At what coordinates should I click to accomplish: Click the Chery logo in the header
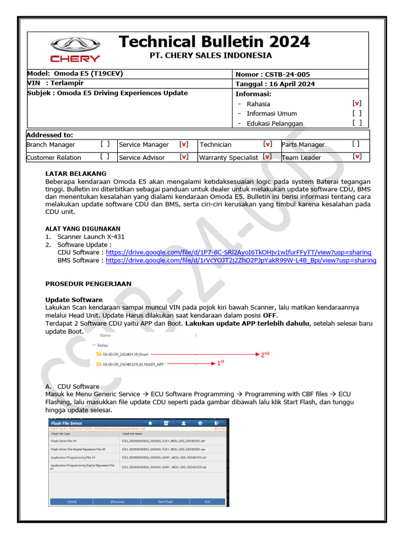[74, 51]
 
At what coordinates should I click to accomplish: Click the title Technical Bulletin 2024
[215, 42]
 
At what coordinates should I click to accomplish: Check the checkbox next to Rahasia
[357, 104]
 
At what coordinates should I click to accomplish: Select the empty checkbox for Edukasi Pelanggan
[357, 123]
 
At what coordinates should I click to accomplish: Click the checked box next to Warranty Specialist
[267, 157]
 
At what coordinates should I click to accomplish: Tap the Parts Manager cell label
[303, 144]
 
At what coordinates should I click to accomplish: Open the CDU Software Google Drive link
[238, 252]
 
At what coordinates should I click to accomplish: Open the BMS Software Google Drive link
[240, 260]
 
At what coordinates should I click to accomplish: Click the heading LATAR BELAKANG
[76, 173]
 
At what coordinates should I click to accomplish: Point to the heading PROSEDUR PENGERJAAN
[88, 284]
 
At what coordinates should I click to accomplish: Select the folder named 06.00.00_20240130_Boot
[125, 354]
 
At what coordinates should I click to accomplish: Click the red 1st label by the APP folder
[220, 363]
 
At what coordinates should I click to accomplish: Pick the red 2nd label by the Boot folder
[265, 354]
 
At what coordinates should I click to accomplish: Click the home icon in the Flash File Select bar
[150, 423]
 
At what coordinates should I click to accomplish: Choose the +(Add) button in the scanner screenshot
[72, 502]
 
